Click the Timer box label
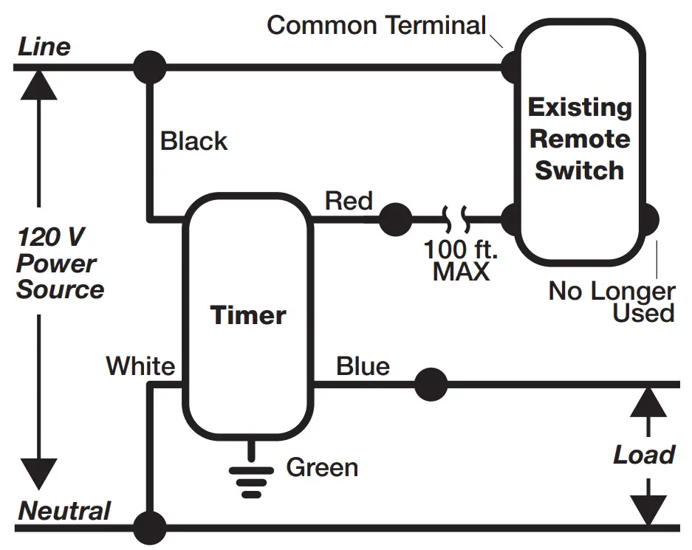(x=248, y=315)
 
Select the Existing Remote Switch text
(x=580, y=139)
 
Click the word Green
(x=322, y=467)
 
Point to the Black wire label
(x=194, y=141)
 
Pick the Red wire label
(x=349, y=201)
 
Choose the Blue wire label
(x=363, y=366)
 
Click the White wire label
(x=140, y=366)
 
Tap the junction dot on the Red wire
(x=396, y=219)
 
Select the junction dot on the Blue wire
(x=431, y=385)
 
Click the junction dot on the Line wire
(x=150, y=67)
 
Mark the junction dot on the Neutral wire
(x=150, y=528)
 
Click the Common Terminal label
(x=377, y=25)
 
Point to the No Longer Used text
(x=612, y=302)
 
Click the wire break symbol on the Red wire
(x=454, y=219)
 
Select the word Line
(x=44, y=47)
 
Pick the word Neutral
(x=64, y=511)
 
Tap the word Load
(x=644, y=455)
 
